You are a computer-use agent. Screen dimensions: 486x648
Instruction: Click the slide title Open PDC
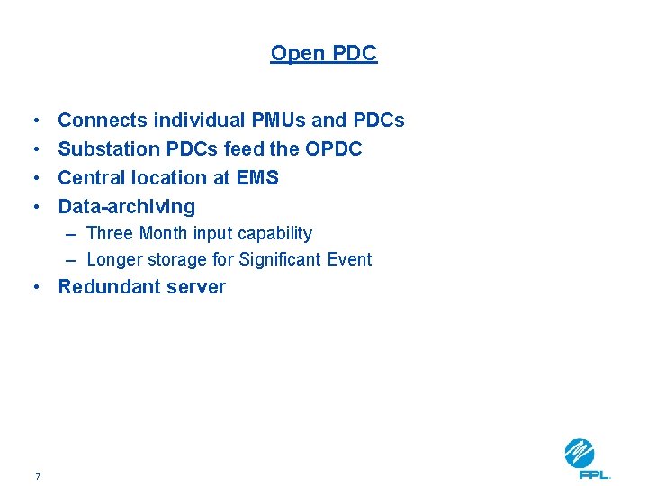pyautogui.click(x=324, y=54)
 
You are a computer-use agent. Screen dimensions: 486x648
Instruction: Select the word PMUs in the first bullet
pyautogui.click(x=275, y=121)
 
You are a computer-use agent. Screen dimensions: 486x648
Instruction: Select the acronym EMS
pyautogui.click(x=257, y=178)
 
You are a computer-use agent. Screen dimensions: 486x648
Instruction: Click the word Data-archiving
pyautogui.click(x=127, y=207)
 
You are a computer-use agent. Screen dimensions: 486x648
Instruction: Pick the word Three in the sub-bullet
pyautogui.click(x=110, y=234)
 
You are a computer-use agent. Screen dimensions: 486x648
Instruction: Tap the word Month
pyautogui.click(x=164, y=234)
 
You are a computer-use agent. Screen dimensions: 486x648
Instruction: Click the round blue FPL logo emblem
pyautogui.click(x=580, y=452)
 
